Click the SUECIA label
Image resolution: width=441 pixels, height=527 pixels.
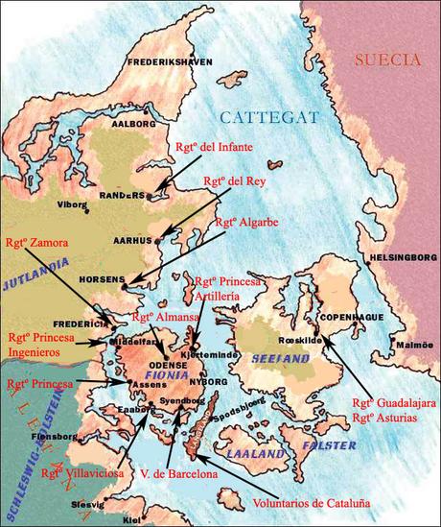(387, 60)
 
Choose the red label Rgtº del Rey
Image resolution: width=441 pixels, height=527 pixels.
(233, 180)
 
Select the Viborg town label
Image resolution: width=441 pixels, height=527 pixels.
(72, 204)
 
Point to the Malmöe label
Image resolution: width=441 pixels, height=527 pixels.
(415, 344)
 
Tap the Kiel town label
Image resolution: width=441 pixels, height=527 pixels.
(132, 519)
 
